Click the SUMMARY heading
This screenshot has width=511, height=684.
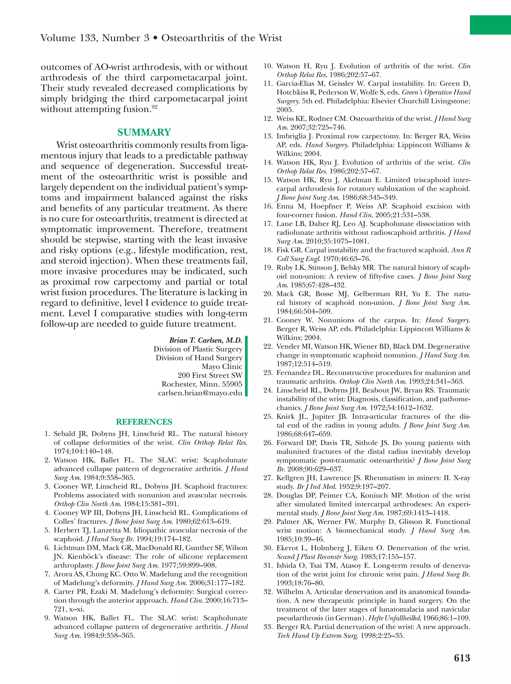tap(144, 132)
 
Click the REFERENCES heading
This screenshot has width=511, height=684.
tap(144, 422)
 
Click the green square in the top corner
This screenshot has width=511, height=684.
tap(490, 25)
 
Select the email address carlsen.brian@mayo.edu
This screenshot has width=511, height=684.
tap(200, 393)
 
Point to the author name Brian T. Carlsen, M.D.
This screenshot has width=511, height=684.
tap(206, 340)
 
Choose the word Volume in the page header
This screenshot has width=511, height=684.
tap(58, 38)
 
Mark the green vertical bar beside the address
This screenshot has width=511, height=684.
tap(246, 366)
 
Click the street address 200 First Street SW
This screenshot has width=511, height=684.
tap(210, 375)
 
